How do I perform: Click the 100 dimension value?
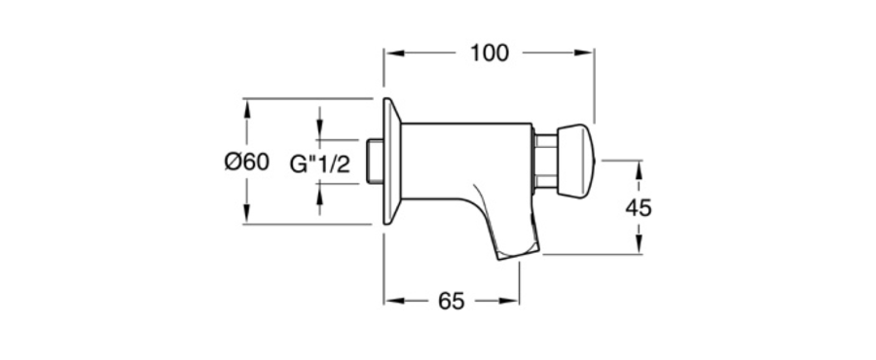click(x=490, y=53)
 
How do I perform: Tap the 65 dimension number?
click(x=452, y=301)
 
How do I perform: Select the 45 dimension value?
click(x=638, y=207)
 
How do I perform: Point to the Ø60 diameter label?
click(x=247, y=162)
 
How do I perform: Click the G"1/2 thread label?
click(x=320, y=164)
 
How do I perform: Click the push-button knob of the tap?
click(x=577, y=162)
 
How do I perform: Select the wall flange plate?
click(x=391, y=162)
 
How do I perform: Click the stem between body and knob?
click(x=545, y=161)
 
